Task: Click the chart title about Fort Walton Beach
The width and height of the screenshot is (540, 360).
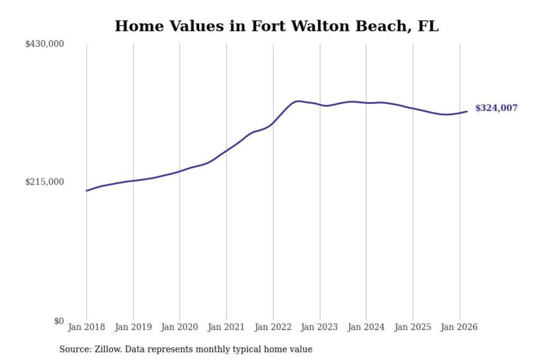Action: click(276, 26)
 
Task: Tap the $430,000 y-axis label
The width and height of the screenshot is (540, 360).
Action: click(45, 44)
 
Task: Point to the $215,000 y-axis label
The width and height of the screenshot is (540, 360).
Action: click(45, 182)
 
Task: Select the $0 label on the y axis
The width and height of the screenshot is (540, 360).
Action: click(59, 321)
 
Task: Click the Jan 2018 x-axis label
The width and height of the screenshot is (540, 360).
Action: click(86, 327)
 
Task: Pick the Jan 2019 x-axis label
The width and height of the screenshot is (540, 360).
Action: click(133, 327)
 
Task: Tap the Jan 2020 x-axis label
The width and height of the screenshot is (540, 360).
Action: click(179, 327)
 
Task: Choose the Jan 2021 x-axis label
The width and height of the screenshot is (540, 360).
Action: click(226, 327)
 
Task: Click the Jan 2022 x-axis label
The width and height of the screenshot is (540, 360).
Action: click(273, 327)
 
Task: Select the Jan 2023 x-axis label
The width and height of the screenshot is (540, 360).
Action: click(319, 327)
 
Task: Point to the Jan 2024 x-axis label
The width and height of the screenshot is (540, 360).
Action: click(366, 327)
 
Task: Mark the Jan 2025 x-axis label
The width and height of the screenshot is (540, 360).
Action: click(413, 327)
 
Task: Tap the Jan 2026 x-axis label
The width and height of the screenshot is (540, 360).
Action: click(459, 327)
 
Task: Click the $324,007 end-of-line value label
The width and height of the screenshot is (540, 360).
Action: click(496, 108)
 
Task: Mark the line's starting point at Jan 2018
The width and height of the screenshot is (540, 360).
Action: click(87, 191)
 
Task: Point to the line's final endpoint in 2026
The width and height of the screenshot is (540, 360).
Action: click(467, 111)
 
